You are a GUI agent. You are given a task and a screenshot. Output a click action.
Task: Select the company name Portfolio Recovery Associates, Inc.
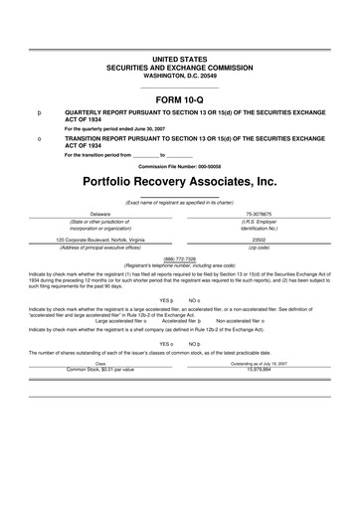pyautogui.click(x=179, y=183)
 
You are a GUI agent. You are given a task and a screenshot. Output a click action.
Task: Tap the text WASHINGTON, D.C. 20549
pyautogui.click(x=179, y=48)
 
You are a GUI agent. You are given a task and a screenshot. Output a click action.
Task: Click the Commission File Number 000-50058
pyautogui.click(x=179, y=165)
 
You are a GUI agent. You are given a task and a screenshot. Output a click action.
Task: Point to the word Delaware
pyautogui.click(x=100, y=214)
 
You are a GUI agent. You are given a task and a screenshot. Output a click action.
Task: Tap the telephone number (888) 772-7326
pyautogui.click(x=179, y=256)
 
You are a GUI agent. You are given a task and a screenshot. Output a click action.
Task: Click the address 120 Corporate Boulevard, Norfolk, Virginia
pyautogui.click(x=100, y=240)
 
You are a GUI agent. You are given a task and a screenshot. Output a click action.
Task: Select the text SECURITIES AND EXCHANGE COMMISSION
pyautogui.click(x=179, y=41)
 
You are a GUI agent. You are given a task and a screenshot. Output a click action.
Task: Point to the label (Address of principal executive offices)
pyautogui.click(x=100, y=247)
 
